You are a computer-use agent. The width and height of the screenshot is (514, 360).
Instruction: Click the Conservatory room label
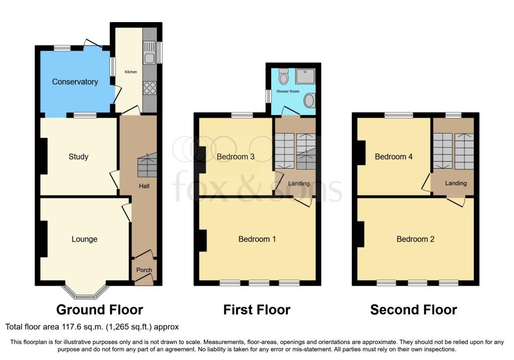[x=75, y=82]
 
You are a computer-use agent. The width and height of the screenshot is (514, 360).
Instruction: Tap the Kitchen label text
[x=131, y=72]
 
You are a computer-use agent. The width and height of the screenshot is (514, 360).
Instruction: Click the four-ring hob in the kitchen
[x=150, y=87]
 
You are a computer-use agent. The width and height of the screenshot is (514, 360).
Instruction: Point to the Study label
[x=78, y=157]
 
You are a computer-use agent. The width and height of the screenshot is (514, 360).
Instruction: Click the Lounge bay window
[x=85, y=292]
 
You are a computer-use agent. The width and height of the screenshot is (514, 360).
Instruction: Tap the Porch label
[x=144, y=270]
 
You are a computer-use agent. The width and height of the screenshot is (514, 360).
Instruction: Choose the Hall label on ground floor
[x=144, y=186]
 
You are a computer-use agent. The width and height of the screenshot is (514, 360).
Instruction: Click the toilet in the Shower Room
[x=284, y=76]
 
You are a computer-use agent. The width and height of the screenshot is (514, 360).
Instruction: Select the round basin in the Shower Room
[x=309, y=100]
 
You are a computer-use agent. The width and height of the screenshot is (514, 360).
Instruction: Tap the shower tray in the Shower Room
[x=305, y=76]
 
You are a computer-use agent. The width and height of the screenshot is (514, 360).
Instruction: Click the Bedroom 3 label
[x=236, y=157]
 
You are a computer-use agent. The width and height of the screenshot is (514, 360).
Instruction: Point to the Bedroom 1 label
[x=257, y=239]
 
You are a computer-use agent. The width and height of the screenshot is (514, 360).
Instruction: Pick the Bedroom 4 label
[x=394, y=157]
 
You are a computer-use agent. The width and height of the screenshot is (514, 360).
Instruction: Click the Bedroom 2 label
[x=415, y=239]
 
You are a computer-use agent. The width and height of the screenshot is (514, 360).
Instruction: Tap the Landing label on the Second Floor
[x=456, y=183]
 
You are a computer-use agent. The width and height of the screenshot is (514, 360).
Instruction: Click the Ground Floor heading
[x=100, y=309]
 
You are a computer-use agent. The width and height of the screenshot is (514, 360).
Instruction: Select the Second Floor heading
[x=414, y=309]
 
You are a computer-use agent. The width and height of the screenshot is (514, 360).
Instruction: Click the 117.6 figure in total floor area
[x=70, y=326]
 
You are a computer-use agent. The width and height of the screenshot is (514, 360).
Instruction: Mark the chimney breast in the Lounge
[x=44, y=239]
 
